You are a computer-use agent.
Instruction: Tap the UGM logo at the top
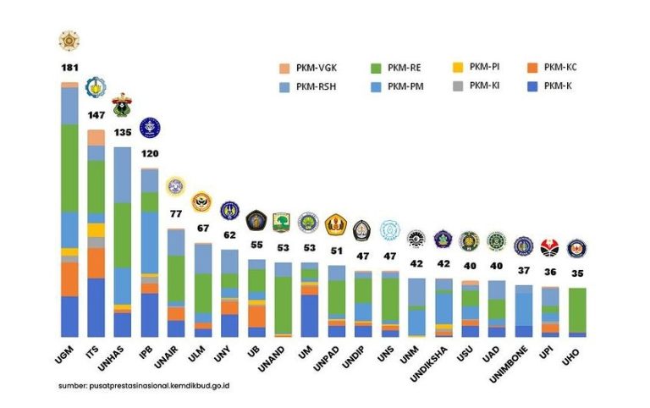(x=69, y=40)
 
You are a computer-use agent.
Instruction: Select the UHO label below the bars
(x=571, y=356)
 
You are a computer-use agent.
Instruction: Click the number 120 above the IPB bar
(x=149, y=155)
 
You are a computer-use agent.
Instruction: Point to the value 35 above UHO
(x=577, y=273)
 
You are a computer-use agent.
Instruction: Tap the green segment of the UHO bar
(x=577, y=309)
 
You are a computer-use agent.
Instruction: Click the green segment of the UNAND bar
(x=283, y=305)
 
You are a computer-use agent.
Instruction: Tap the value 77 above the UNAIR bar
(x=175, y=214)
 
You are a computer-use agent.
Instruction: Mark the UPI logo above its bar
(x=550, y=247)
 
